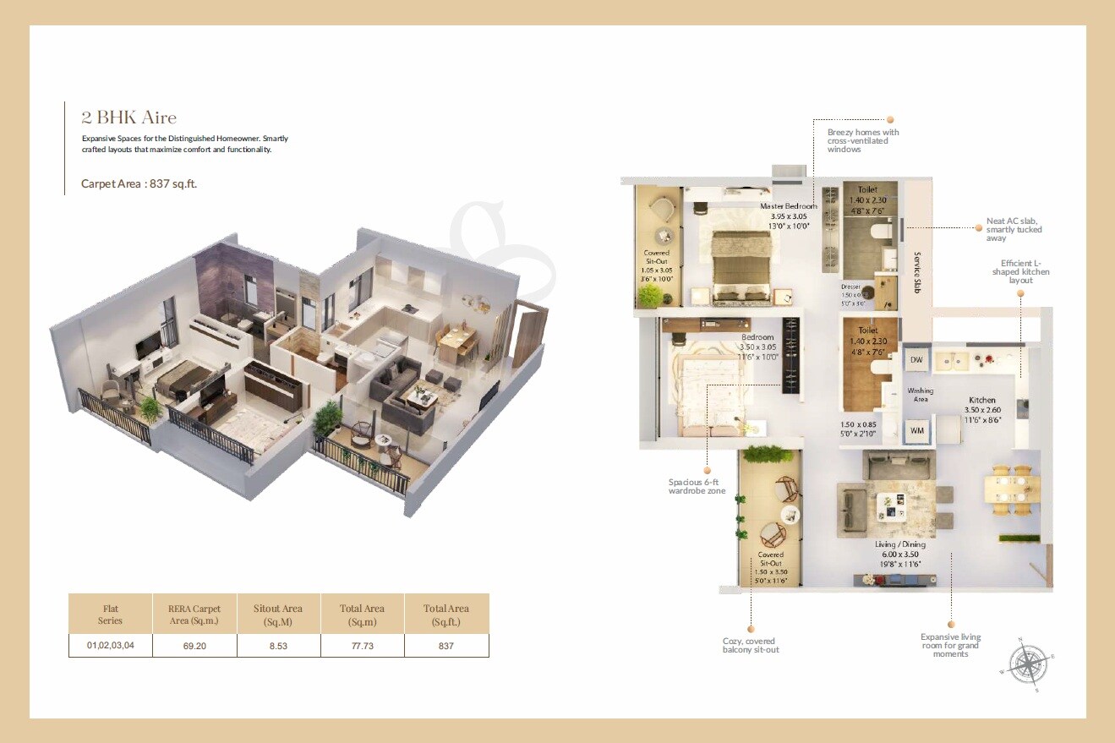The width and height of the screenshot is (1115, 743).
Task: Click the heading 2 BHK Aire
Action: [128, 117]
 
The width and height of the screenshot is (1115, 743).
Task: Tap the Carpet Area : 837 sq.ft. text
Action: [139, 183]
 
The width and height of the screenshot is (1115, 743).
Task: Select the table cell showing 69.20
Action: [194, 646]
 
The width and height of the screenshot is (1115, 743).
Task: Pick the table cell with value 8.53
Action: [278, 646]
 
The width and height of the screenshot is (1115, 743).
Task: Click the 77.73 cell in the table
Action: [362, 646]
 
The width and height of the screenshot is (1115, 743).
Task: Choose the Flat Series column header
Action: [111, 615]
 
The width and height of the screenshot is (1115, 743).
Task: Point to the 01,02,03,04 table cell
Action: [111, 646]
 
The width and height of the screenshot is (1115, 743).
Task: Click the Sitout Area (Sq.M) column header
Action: [278, 615]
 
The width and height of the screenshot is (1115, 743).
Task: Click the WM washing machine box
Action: [916, 431]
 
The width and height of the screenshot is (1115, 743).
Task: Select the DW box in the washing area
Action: [916, 360]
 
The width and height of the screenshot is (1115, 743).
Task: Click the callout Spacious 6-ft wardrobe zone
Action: [697, 487]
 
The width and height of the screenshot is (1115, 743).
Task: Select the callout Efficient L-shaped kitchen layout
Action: [1025, 271]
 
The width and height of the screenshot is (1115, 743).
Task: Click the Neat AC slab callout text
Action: [1014, 229]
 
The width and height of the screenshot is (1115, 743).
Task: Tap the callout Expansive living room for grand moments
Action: [950, 645]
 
